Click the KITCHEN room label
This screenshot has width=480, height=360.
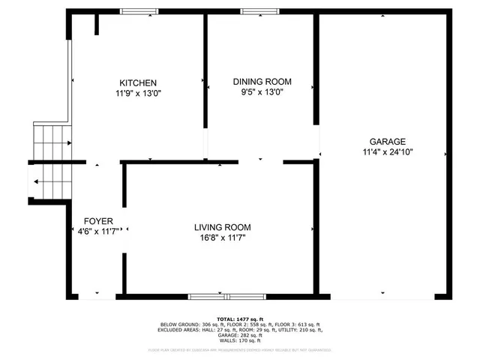tap(138, 82)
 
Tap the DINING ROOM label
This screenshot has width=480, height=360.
tap(262, 82)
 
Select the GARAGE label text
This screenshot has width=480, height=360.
tap(387, 141)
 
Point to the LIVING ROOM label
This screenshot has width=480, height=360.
tap(222, 227)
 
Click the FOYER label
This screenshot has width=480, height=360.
tap(98, 221)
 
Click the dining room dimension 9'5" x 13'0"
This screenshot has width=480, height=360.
tap(262, 92)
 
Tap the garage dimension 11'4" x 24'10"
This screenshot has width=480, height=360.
tap(387, 151)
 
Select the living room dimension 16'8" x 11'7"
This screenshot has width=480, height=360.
tap(222, 238)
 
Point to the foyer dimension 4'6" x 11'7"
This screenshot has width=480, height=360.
tap(98, 232)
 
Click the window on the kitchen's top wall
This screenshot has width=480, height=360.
tap(139, 11)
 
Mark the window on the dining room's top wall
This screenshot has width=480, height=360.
tap(257, 11)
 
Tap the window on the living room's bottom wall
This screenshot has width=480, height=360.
tap(216, 296)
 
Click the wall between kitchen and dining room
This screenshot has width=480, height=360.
tap(205, 75)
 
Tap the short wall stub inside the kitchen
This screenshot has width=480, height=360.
tap(97, 23)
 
